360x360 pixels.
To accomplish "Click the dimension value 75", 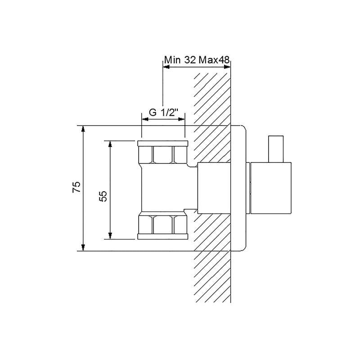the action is [x=76, y=187].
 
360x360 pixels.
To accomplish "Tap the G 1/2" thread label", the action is [x=164, y=112].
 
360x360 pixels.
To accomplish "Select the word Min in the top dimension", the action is [x=173, y=60].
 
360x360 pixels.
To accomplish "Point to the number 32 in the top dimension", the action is [x=190, y=60].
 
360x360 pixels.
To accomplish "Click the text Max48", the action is [x=214, y=60].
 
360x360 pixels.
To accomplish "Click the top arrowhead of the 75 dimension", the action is [x=83, y=129].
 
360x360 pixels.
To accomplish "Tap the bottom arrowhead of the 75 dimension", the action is [x=83, y=247].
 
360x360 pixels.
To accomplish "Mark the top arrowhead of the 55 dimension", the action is [x=110, y=144].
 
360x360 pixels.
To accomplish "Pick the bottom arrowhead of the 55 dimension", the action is [x=110, y=235].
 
